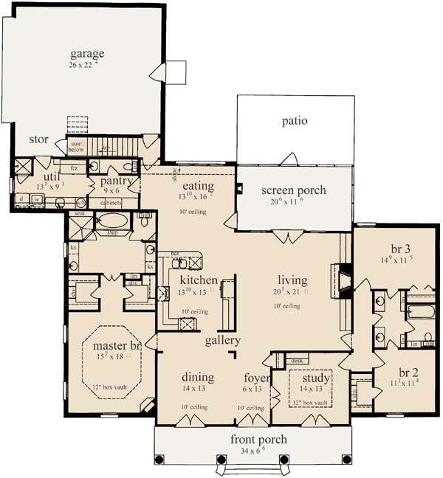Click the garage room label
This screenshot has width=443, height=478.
[87, 53]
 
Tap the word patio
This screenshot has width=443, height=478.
[295, 120]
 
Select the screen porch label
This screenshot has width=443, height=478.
[293, 190]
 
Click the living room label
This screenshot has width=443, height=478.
[292, 280]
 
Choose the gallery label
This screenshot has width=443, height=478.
[223, 341]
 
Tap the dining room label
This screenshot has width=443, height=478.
[198, 377]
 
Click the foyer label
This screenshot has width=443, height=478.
[251, 377]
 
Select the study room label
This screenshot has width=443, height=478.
[315, 378]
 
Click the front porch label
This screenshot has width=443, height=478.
[258, 440]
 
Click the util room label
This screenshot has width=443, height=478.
[50, 177]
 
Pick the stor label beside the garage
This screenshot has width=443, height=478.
[38, 139]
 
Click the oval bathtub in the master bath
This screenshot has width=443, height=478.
[113, 220]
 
